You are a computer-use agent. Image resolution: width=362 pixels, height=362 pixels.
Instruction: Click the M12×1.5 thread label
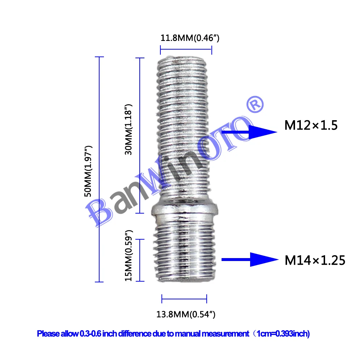click(311, 126)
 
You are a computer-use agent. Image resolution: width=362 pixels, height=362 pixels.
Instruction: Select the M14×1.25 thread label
click(315, 260)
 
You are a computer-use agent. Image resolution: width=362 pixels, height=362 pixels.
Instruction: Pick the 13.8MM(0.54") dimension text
click(186, 314)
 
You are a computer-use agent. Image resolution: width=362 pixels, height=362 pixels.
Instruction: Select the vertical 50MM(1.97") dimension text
click(88, 171)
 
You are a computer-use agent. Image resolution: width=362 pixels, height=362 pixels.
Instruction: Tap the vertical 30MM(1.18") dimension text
click(129, 129)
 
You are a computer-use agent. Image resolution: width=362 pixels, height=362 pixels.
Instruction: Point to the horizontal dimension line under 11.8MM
click(186, 50)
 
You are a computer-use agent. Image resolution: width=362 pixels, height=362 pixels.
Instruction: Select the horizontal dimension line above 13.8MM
click(184, 299)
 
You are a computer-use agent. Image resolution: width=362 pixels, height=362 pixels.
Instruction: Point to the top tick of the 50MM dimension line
click(99, 57)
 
